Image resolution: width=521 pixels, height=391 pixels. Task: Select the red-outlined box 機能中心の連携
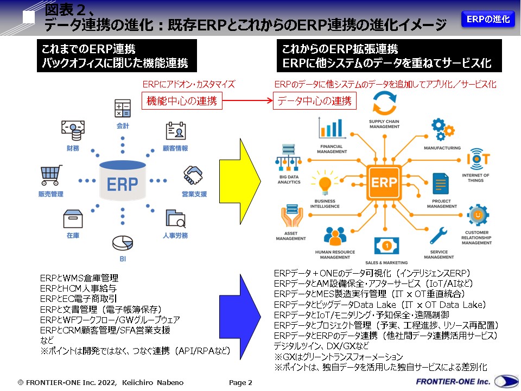click(182, 101)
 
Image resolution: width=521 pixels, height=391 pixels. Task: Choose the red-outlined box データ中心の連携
click(314, 101)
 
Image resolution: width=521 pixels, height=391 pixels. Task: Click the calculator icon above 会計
click(123, 109)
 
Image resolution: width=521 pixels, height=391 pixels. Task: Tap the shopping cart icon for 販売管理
click(50, 176)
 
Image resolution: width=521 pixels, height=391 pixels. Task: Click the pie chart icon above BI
click(122, 242)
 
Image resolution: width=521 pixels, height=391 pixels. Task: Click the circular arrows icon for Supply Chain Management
click(384, 103)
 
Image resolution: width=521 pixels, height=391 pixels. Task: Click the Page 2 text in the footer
click(240, 382)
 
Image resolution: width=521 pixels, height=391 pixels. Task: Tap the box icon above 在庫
click(73, 219)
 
